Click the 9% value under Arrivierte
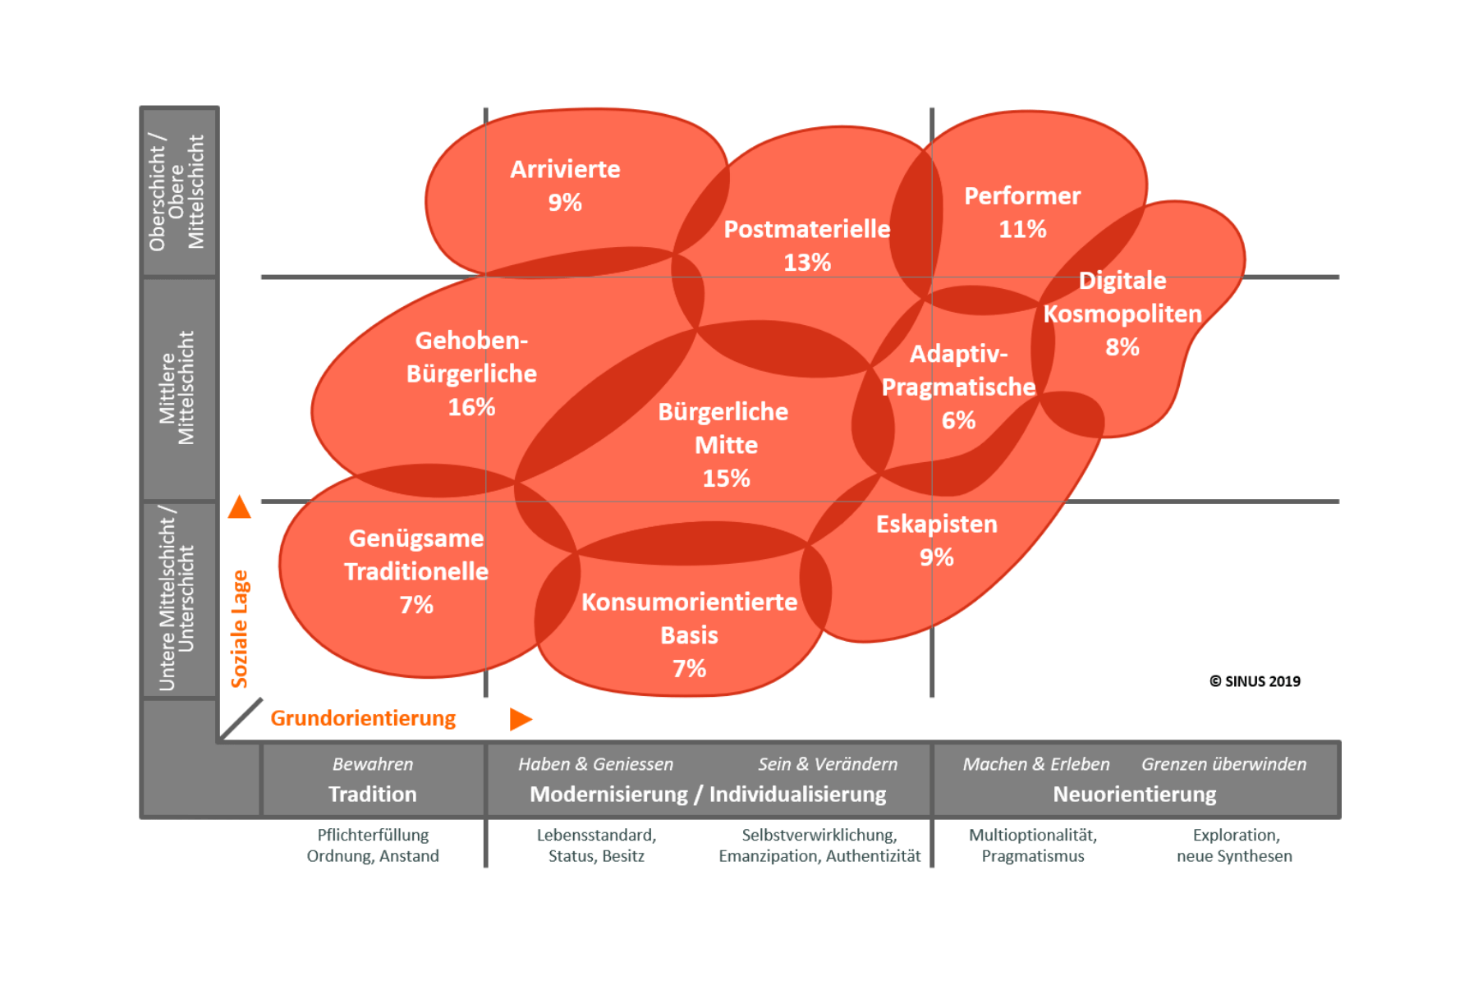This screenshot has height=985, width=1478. tap(565, 203)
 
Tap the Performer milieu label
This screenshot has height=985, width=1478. tap(1022, 196)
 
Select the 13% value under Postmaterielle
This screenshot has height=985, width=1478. tap(807, 263)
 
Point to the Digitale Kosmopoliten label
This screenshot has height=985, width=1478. tap(1122, 297)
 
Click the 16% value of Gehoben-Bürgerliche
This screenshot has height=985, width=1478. tap(471, 407)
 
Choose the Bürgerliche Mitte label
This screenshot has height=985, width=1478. tap(724, 428)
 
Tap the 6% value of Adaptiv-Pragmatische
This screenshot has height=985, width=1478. tap(958, 420)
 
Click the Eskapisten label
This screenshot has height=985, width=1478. tap(937, 525)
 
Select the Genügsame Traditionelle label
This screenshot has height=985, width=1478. tap(416, 555)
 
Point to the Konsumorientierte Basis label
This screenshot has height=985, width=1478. tap(690, 618)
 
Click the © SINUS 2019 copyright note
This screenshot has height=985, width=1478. tap(1255, 681)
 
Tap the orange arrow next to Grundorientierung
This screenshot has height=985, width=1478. tap(521, 719)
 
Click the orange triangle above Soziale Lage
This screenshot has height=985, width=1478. tap(240, 507)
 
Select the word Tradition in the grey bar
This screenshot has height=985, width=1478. tap(373, 795)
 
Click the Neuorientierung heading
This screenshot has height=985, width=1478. tap(1135, 795)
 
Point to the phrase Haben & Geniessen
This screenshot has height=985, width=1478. tap(595, 764)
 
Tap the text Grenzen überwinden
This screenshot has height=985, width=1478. tap(1223, 764)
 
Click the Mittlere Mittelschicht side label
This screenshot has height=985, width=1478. tap(177, 388)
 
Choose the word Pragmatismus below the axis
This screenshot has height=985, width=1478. tap(1033, 856)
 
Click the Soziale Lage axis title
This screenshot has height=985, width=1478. tap(240, 629)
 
